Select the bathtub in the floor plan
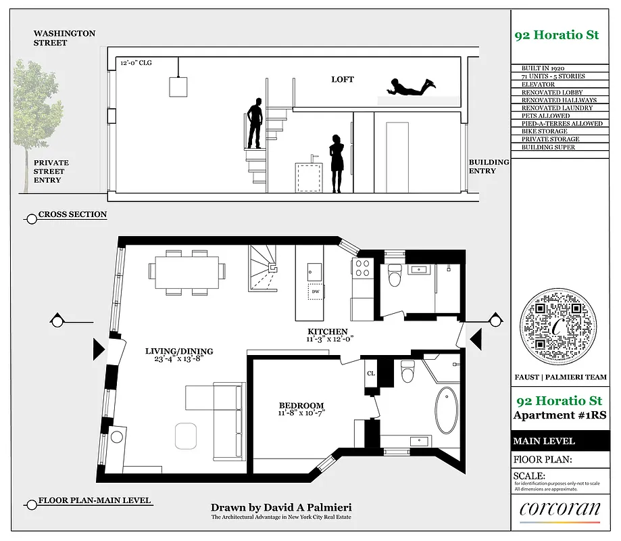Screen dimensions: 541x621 [446, 410]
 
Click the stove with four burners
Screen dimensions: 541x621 [362, 268]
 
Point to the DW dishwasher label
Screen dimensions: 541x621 [316, 291]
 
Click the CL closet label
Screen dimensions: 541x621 [371, 373]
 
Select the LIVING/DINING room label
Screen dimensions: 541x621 [179, 351]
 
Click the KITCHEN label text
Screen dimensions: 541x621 [328, 331]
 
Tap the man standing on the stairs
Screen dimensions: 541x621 [254, 123]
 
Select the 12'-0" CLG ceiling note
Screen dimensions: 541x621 [137, 62]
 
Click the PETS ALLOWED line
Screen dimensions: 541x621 [545, 116]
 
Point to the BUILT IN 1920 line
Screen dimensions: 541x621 [543, 69]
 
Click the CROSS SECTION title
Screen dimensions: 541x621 [72, 214]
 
